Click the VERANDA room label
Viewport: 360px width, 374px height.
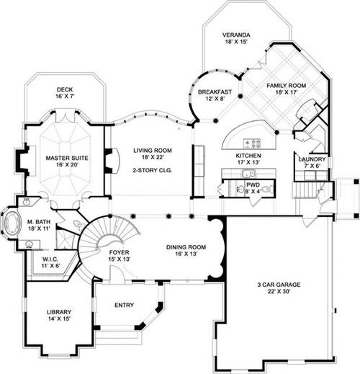point(236,35)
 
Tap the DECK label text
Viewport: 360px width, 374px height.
point(65,89)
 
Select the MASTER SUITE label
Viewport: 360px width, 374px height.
point(67,158)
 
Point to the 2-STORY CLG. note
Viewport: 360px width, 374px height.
point(153,170)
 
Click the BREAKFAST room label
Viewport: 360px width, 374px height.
point(215,92)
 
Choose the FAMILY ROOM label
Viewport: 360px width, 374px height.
point(287,86)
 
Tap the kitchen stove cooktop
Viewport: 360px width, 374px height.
point(252,143)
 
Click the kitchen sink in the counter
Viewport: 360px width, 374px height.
point(248,173)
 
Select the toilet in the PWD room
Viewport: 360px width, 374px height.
point(268,190)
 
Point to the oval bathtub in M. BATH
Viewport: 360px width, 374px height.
point(11,222)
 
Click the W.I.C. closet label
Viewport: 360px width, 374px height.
point(50,259)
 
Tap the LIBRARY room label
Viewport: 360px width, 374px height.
point(59,312)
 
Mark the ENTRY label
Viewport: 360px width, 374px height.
point(124,305)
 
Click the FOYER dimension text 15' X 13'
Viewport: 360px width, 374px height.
point(120,259)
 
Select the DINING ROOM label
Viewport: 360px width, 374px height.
point(186,247)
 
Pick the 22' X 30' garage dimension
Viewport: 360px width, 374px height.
point(279,291)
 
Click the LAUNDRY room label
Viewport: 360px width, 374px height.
point(312,159)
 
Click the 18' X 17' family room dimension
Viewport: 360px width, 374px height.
point(287,92)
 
